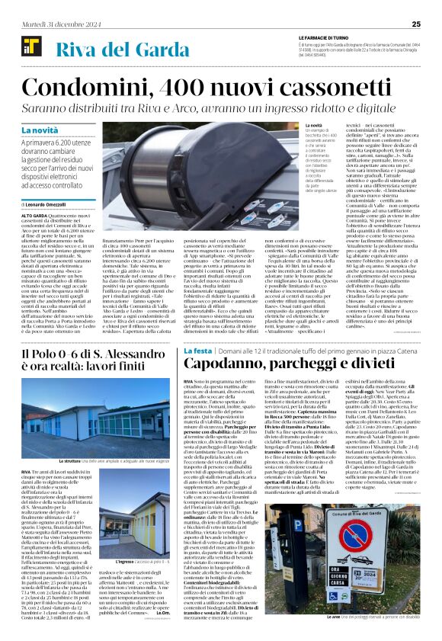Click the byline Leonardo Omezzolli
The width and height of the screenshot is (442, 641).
click(x=60, y=204)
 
